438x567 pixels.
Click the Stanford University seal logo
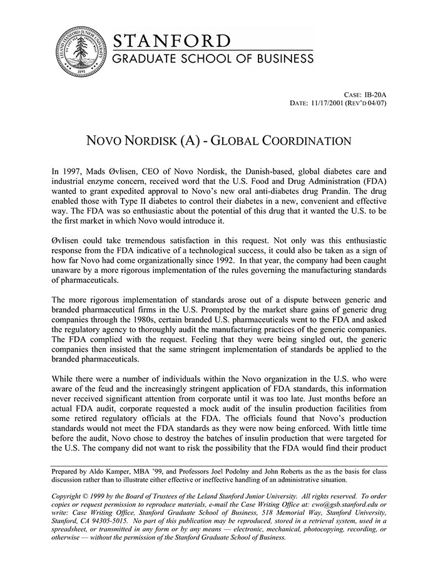pos(79,51)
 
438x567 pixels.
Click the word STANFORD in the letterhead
pos(171,41)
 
